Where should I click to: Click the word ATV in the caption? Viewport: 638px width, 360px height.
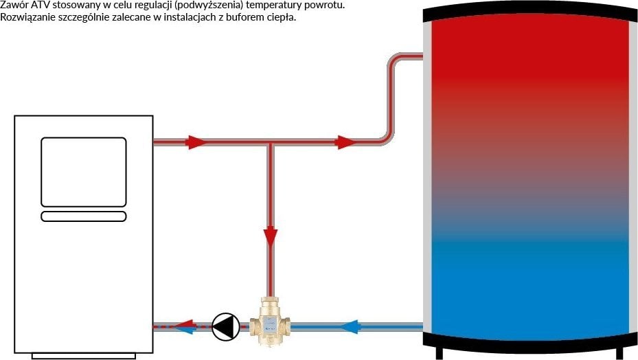(x=41, y=5)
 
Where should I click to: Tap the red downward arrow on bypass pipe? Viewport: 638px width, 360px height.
(x=271, y=237)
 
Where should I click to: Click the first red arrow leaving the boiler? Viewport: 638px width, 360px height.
(x=196, y=143)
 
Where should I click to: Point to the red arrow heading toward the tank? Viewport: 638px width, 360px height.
(x=345, y=143)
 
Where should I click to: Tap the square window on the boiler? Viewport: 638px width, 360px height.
(x=84, y=172)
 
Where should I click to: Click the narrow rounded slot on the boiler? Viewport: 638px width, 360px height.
(x=84, y=216)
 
